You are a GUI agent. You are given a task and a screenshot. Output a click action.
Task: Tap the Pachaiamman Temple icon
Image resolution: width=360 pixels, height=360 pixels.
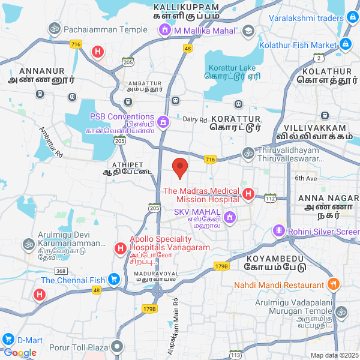[x=53, y=29]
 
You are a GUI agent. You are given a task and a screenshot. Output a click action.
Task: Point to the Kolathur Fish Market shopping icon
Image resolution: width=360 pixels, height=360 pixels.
[x=346, y=44]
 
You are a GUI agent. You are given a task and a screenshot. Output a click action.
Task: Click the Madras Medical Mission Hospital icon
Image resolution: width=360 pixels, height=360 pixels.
[x=248, y=194]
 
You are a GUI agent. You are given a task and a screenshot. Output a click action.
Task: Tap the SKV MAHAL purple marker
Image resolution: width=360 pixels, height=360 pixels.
[x=228, y=217]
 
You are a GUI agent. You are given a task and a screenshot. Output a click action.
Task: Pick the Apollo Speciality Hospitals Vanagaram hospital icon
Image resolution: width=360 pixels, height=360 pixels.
[x=120, y=247]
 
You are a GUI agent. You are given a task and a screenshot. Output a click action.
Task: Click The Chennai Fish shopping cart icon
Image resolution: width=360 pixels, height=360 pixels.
[x=113, y=279]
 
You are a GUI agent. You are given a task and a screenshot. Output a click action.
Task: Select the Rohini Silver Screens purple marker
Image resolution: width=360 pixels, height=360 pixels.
[x=278, y=230]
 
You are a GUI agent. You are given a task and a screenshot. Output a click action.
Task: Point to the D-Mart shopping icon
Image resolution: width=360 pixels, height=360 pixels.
[x=8, y=340]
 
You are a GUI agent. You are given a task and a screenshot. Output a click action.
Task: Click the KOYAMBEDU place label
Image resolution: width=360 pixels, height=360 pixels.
[x=276, y=257]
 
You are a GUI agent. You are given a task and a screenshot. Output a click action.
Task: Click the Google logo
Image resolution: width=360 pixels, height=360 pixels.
[x=20, y=352]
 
